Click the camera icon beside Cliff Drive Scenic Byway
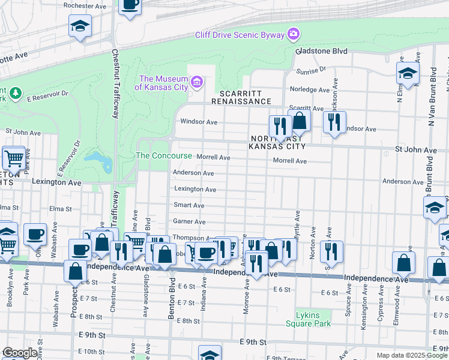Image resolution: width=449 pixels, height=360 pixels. (x=294, y=33)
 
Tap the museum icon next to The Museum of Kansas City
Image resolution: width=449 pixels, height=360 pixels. (x=197, y=82)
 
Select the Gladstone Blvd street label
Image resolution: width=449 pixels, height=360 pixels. (x=322, y=52)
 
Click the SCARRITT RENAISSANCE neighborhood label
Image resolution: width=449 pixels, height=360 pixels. (x=245, y=97)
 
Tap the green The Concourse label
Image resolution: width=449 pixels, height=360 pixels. (x=164, y=156)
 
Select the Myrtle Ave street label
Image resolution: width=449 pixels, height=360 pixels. (x=297, y=226)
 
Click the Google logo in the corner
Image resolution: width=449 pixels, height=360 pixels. (x=19, y=353)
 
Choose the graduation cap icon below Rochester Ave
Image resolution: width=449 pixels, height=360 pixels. (x=80, y=26)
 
